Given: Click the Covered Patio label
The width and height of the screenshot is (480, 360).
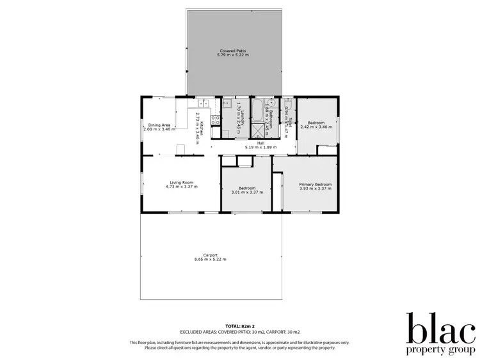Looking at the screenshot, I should tap(233, 51).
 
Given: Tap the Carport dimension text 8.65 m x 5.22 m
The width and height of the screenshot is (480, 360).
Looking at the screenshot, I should tap(210, 260).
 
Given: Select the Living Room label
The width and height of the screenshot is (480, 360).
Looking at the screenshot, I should tap(181, 182).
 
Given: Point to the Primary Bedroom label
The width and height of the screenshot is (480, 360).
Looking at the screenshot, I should tap(316, 184).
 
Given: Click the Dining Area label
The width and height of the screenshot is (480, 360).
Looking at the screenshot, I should tap(159, 125).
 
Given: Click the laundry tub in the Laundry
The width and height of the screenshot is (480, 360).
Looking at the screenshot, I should tap(227, 103).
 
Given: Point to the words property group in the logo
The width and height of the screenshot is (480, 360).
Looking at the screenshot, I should tap(441, 350).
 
